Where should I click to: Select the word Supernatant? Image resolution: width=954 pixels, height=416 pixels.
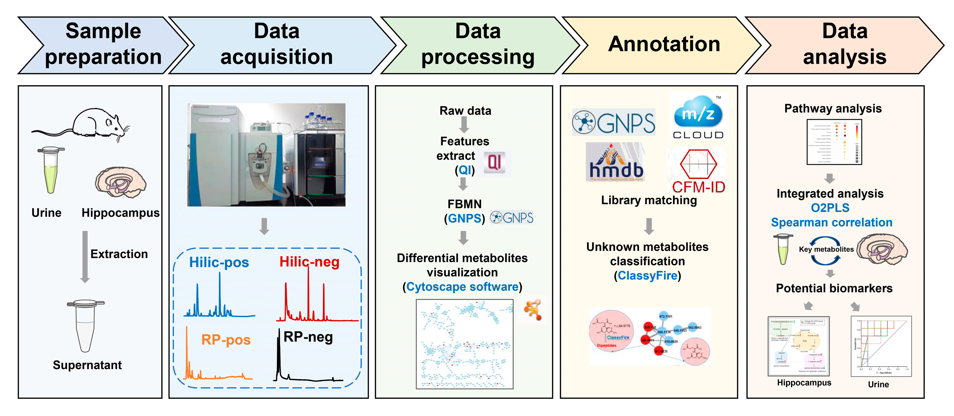coord(87,365)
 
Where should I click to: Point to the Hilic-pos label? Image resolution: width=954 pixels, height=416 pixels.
coord(219,262)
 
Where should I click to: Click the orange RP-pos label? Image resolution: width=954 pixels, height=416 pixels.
coord(226,340)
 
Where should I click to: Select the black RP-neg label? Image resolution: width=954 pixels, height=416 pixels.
coord(308,337)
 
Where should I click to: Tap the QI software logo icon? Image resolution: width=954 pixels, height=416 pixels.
coord(494,163)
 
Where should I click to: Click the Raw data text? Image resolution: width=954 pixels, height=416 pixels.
coord(465,110)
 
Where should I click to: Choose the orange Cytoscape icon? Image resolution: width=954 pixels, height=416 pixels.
coord(533,309)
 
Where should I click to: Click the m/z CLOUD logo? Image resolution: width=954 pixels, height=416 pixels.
coord(698,117)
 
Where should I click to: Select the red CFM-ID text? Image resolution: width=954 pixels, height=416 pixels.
coord(698,187)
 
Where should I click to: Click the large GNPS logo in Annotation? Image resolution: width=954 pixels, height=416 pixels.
coord(614,123)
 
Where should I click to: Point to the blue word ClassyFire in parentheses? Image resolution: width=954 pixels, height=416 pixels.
coord(647,276)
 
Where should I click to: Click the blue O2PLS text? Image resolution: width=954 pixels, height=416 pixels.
coord(830,208)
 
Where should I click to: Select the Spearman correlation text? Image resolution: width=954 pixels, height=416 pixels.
coord(831,222)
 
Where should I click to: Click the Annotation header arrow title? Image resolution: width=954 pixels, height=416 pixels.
coord(664,44)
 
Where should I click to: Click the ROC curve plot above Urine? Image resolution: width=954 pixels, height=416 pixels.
coord(882,346)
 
